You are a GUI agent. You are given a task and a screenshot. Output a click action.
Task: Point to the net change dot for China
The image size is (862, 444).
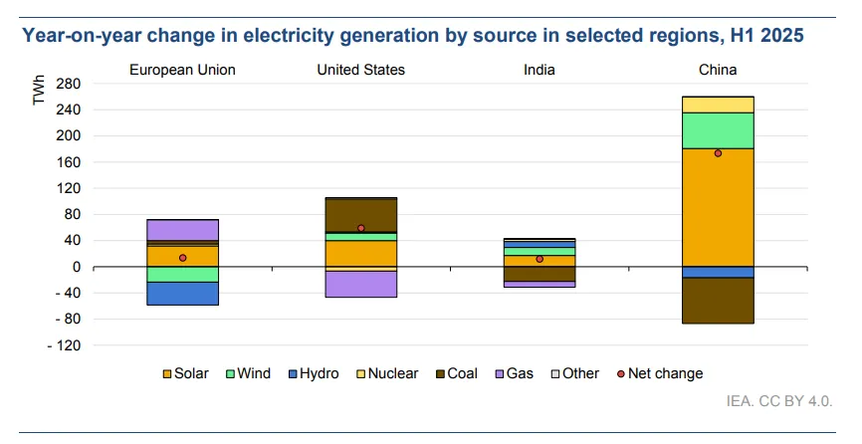point(718,153)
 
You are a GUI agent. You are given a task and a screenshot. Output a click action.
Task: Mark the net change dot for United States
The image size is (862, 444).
point(360,228)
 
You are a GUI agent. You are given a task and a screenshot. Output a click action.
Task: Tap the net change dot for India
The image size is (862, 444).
point(539,259)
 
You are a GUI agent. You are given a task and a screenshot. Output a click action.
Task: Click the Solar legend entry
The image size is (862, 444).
point(186,374)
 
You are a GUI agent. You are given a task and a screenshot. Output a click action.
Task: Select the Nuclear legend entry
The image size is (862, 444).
point(383,374)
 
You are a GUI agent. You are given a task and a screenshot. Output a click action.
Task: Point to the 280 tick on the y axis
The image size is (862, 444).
point(68,84)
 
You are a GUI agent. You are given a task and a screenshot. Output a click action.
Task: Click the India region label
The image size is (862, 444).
point(539,70)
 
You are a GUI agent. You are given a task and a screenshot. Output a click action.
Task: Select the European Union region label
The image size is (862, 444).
point(182,70)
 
